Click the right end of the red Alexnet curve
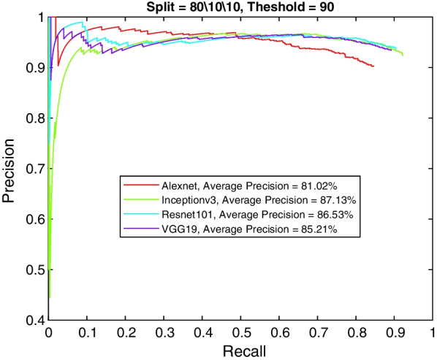(373, 66)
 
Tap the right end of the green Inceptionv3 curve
(403, 55)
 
